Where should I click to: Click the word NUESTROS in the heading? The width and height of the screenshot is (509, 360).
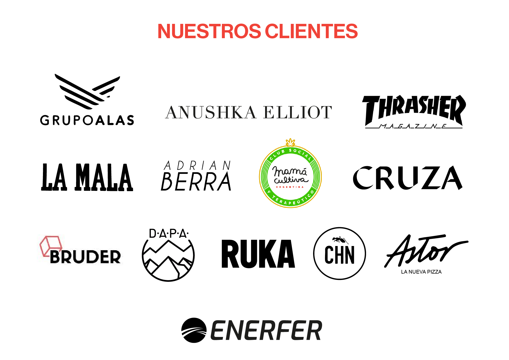pyautogui.click(x=209, y=31)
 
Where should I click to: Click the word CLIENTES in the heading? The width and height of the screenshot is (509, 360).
pyautogui.click(x=311, y=31)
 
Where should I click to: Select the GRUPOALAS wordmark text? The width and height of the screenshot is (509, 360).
pyautogui.click(x=87, y=120)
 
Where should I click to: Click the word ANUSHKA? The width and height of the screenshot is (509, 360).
pyautogui.click(x=211, y=112)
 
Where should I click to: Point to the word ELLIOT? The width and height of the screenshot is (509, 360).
pyautogui.click(x=297, y=112)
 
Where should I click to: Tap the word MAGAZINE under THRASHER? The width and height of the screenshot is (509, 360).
pyautogui.click(x=414, y=126)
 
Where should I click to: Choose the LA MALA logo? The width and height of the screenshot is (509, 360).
pyautogui.click(x=87, y=177)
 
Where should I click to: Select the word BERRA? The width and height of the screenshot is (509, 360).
pyautogui.click(x=196, y=182)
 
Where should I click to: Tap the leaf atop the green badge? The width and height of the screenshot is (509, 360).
pyautogui.click(x=291, y=142)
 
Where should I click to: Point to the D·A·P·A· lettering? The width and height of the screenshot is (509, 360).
pyautogui.click(x=169, y=234)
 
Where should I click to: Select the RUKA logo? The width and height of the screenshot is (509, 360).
pyautogui.click(x=258, y=254)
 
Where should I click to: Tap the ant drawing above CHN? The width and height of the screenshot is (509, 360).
pyautogui.click(x=340, y=240)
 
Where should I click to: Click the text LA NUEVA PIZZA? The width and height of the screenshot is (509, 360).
pyautogui.click(x=421, y=272)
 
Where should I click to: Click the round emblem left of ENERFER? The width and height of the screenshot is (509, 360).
pyautogui.click(x=194, y=330)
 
